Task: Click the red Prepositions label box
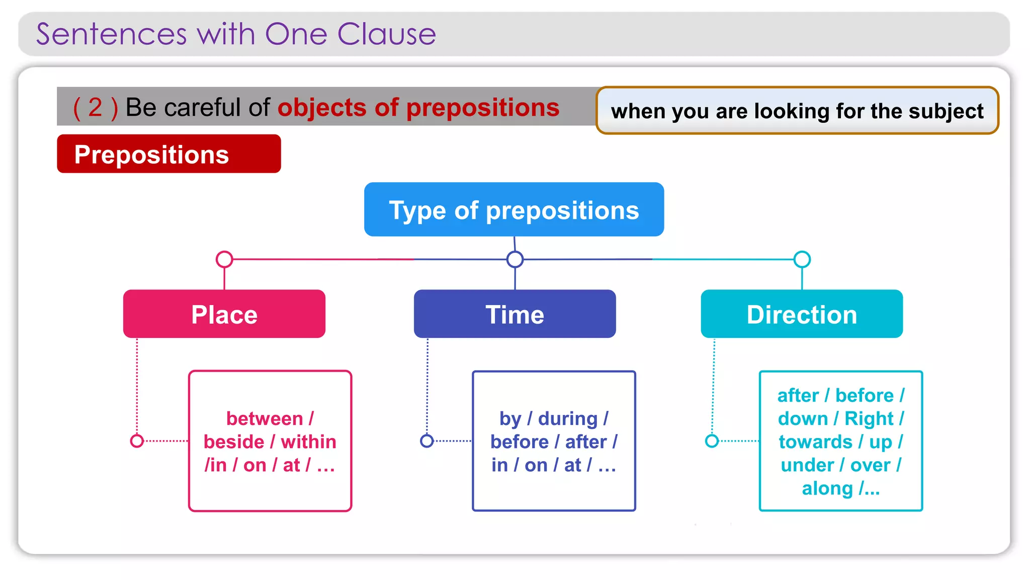point(168,154)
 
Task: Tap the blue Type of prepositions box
point(513,209)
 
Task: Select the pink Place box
point(224,314)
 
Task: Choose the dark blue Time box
point(514,314)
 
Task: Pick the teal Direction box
point(802,314)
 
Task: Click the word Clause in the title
point(386,34)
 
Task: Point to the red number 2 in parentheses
point(95,107)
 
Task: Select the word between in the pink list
point(265,418)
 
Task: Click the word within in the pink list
point(308,442)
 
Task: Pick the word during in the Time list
point(568,418)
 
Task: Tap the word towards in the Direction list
point(815,442)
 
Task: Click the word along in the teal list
point(827,488)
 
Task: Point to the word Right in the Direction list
point(869,418)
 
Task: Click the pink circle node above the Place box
point(224,259)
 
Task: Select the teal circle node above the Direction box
point(802,259)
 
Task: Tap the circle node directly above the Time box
point(514,259)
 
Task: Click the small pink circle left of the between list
point(137,441)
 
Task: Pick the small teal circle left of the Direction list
point(712,441)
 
